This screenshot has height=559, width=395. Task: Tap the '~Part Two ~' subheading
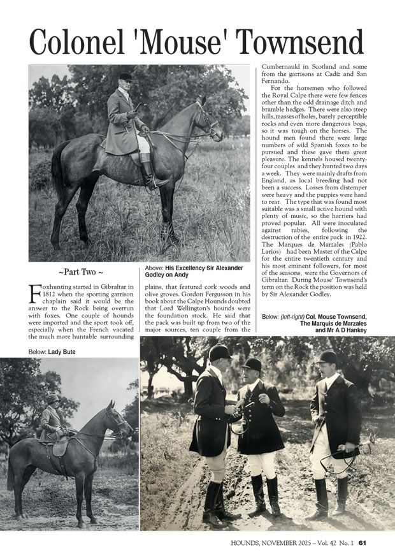point(81,272)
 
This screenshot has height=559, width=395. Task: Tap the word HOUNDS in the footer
point(248,543)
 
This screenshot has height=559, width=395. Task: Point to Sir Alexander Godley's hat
point(126,76)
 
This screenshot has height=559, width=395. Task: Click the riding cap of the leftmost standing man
point(220,352)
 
